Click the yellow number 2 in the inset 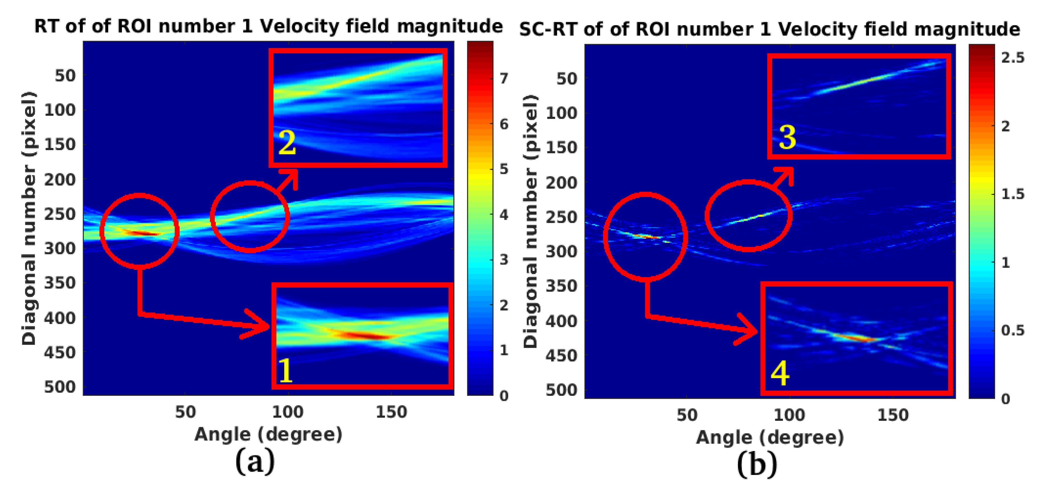tap(287, 143)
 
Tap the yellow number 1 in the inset tap(285, 370)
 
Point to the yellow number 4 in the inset tap(780, 373)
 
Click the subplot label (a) tap(255, 462)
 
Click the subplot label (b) tap(757, 465)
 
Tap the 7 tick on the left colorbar tap(504, 79)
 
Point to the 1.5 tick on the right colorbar tap(1013, 194)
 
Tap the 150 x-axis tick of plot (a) tap(391, 412)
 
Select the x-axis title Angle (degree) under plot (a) tap(269, 435)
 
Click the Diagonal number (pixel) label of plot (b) tap(530, 221)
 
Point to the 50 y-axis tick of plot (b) tap(567, 79)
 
